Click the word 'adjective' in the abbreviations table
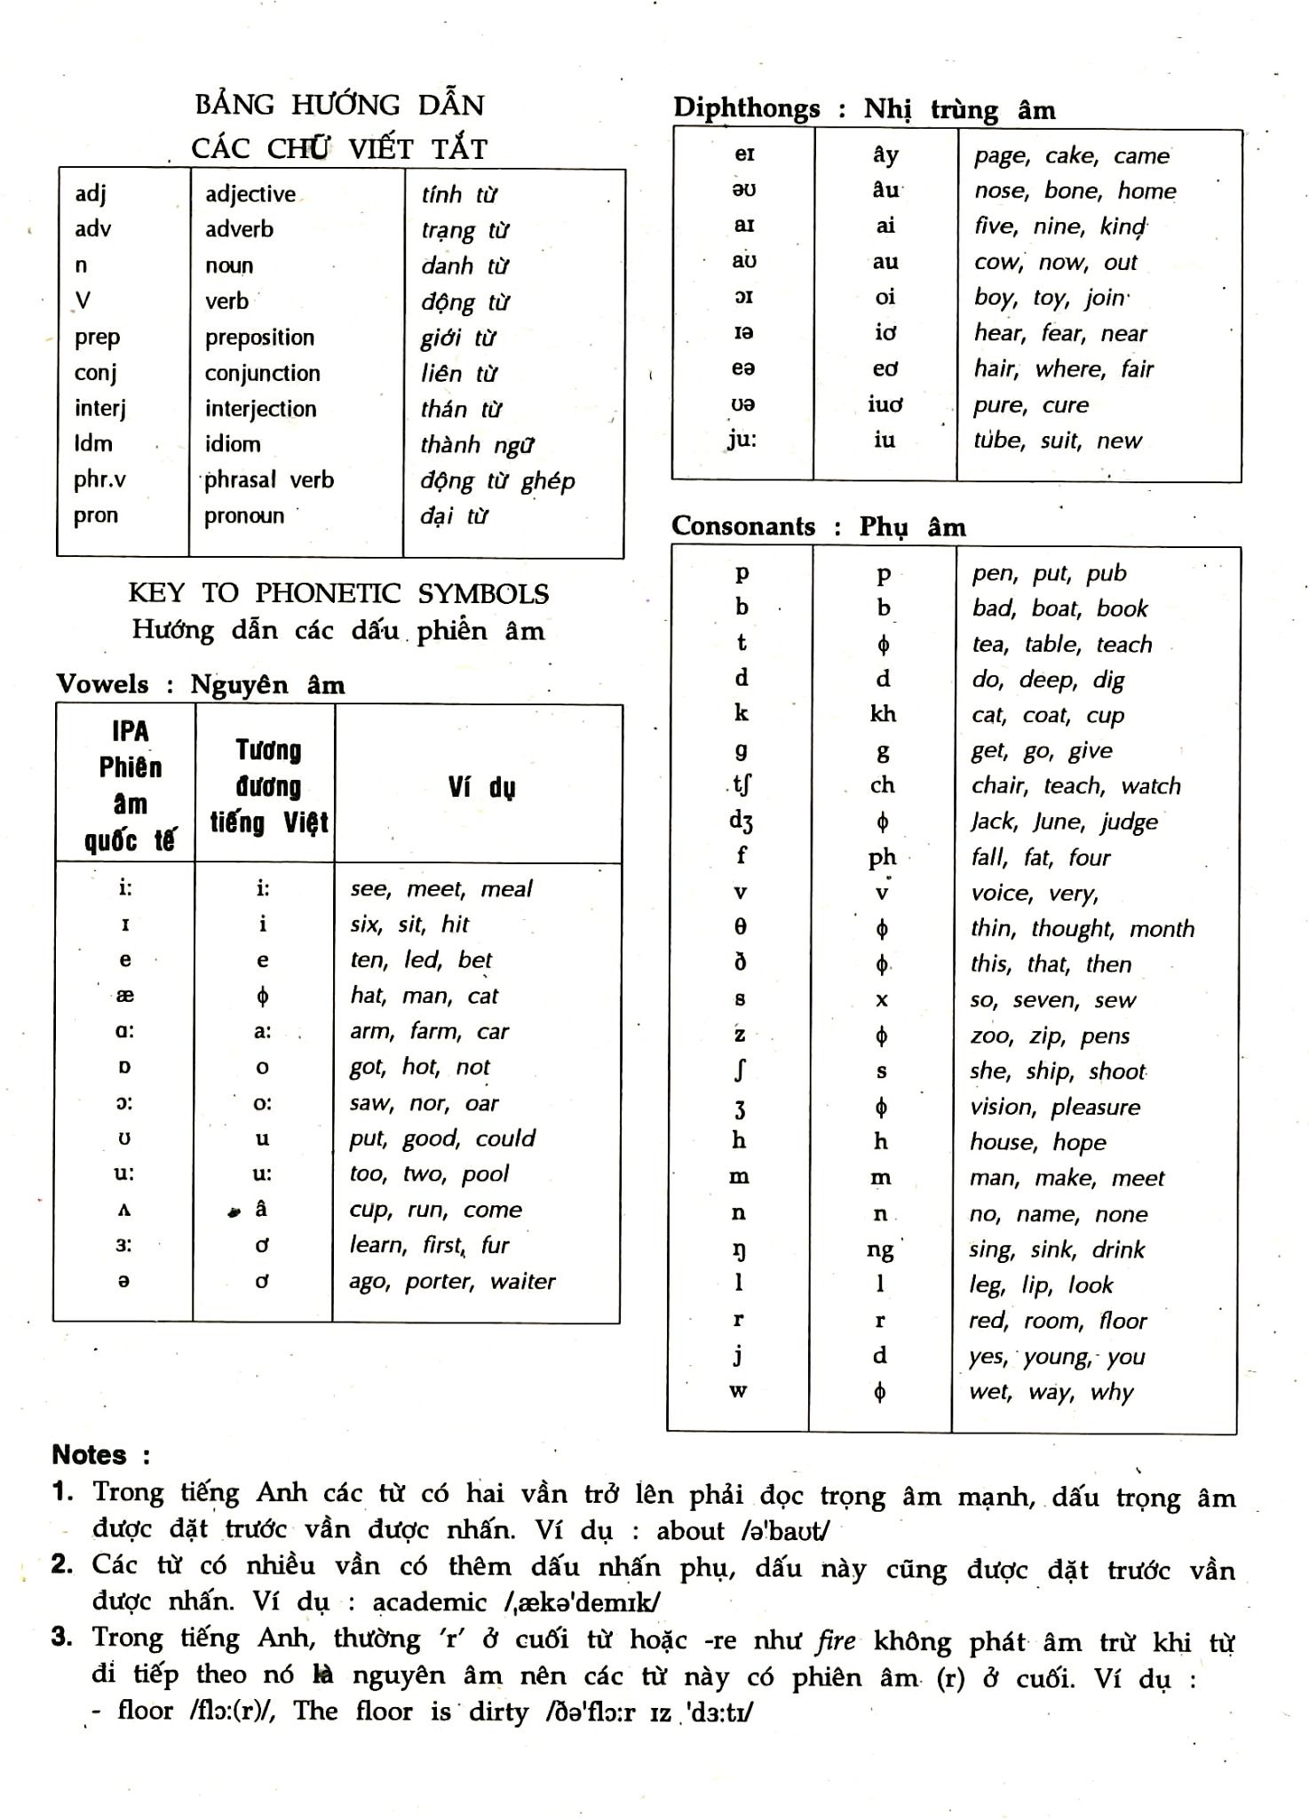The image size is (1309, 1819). click(250, 195)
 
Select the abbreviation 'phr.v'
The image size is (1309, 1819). click(99, 480)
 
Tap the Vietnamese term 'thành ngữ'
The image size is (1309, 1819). click(477, 444)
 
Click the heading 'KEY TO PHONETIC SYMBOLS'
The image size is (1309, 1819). click(338, 593)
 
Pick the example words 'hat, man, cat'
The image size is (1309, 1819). click(424, 996)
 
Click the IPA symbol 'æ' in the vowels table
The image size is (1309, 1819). click(125, 996)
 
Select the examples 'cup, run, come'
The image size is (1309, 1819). click(435, 1210)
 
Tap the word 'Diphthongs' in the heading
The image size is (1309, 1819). click(747, 108)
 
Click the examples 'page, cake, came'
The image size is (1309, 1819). click(1071, 155)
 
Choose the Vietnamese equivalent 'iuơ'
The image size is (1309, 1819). click(885, 404)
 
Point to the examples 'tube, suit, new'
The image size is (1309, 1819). click(1057, 441)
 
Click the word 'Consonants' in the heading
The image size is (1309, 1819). click(743, 526)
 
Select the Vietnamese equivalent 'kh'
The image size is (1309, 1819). click(883, 714)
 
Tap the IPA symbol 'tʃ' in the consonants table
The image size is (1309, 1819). click(742, 785)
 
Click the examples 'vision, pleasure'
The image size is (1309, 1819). click(1054, 1107)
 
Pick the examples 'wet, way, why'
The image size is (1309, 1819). click(1051, 1392)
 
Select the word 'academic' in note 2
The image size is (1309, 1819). click(430, 1602)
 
